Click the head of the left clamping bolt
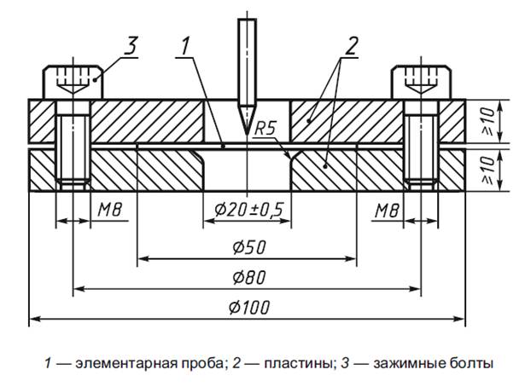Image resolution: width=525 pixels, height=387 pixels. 73,82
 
